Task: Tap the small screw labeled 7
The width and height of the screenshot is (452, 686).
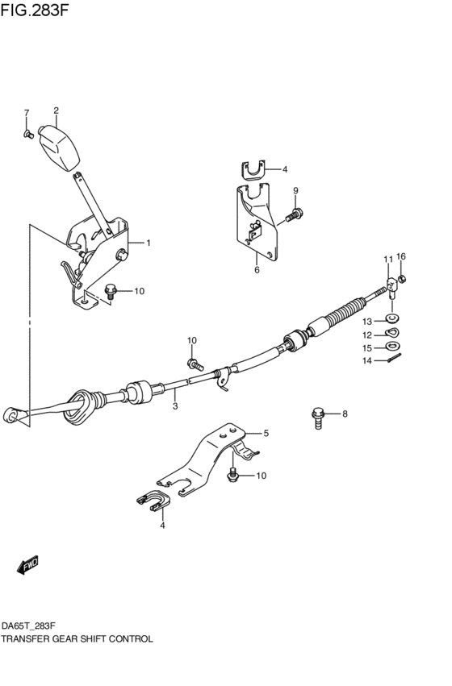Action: (27, 133)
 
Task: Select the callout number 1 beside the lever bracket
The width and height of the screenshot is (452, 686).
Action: (149, 242)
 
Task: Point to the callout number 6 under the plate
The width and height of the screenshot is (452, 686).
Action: (257, 270)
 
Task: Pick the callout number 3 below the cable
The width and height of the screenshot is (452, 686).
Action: (175, 407)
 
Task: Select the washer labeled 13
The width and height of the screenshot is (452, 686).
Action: (392, 321)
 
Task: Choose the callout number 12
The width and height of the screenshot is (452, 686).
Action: (366, 335)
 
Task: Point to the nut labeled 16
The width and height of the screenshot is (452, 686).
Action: (403, 279)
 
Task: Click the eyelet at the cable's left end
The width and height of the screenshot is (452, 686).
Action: (12, 414)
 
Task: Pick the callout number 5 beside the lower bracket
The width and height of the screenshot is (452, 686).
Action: (266, 434)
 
